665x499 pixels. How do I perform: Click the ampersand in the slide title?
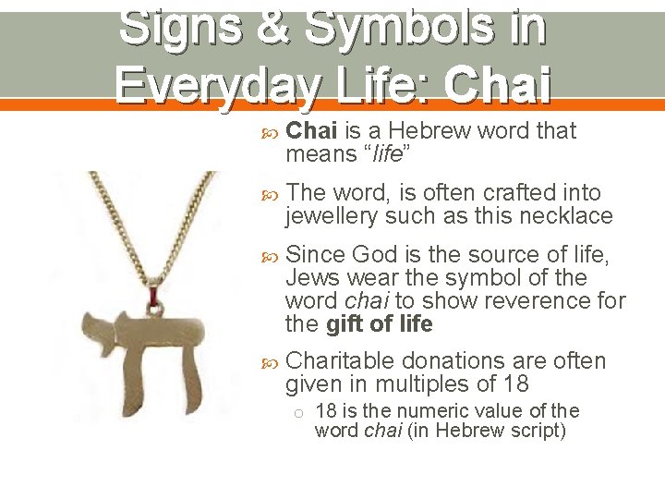[275, 28]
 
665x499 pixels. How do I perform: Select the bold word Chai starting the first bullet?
[312, 131]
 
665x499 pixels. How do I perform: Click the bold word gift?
[346, 324]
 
